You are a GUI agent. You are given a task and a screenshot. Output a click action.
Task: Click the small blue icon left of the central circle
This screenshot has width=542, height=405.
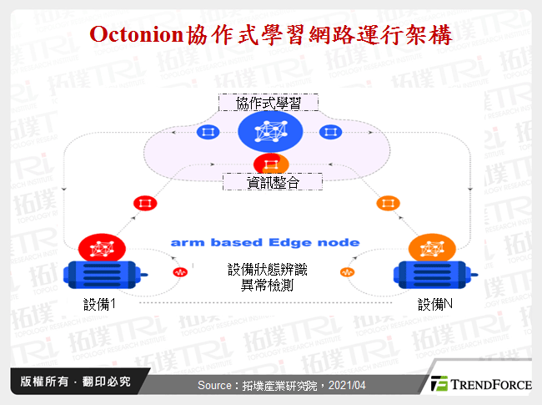206,132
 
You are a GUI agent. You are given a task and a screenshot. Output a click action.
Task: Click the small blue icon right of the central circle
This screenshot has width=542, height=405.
331,132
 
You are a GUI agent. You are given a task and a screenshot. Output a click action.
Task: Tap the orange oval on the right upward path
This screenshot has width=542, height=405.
388,203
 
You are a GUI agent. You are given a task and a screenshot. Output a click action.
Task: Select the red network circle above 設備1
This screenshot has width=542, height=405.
102,248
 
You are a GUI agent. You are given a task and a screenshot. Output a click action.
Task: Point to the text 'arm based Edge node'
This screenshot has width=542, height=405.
265,242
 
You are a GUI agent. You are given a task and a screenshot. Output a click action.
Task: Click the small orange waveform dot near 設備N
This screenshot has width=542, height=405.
344,272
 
